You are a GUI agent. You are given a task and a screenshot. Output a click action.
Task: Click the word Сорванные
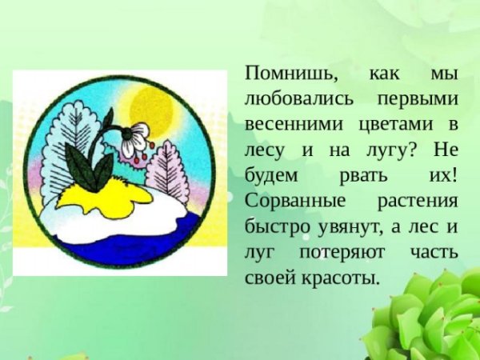click(288, 201)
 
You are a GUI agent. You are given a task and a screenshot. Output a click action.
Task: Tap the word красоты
click(340, 278)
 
